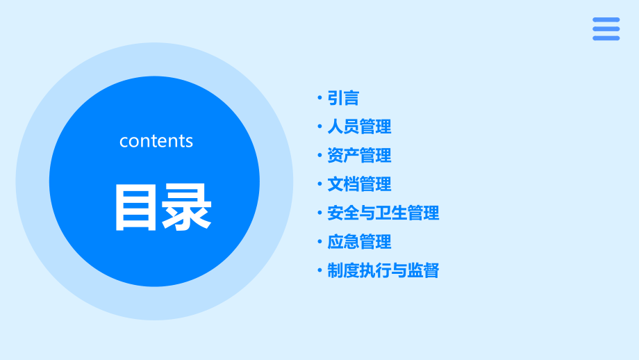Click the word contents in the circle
(156, 141)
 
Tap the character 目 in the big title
(135, 207)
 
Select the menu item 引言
(343, 98)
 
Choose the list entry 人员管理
(359, 126)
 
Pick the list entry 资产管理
(359, 155)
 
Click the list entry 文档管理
(359, 184)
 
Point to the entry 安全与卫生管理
(383, 213)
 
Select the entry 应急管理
(359, 242)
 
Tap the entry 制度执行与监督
(383, 270)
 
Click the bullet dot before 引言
(319, 98)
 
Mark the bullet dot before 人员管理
(319, 126)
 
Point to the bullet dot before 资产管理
(319, 155)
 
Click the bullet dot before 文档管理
(319, 184)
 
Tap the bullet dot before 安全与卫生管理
(319, 213)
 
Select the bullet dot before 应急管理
(319, 242)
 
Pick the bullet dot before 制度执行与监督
(319, 270)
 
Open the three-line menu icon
(606, 29)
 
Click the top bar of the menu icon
(606, 20)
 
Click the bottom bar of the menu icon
(606, 38)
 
